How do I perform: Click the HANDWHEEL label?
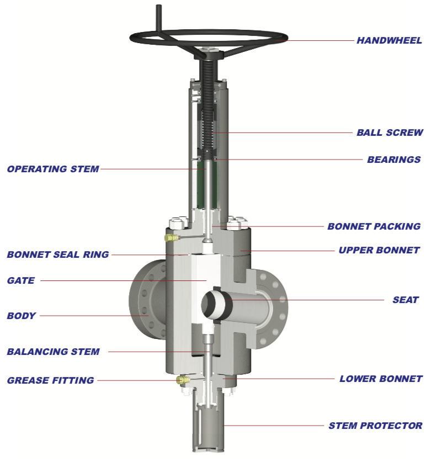389,40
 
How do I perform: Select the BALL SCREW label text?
390,132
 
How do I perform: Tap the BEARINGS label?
394,160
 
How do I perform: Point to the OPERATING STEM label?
53,169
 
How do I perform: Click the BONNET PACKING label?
374,226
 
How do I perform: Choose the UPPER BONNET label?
379,250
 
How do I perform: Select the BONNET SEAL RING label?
58,254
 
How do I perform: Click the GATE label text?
21,280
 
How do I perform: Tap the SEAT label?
406,300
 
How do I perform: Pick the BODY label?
22,316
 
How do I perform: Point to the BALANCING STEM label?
54,352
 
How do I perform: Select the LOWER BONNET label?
381,379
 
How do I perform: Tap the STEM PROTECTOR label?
375,426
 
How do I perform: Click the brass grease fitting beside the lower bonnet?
182,380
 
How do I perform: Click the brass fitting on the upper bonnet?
171,238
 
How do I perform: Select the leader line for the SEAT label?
331,300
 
